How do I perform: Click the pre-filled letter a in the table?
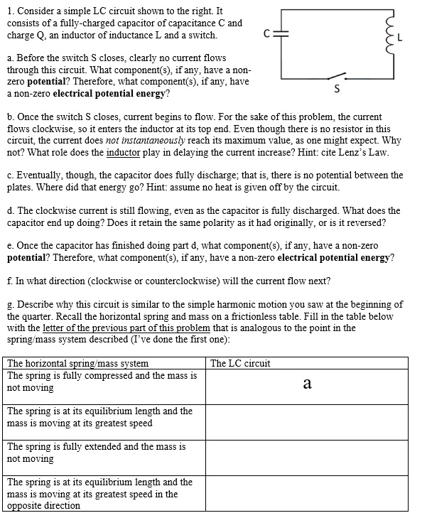point(307,384)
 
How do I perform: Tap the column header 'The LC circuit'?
point(240,364)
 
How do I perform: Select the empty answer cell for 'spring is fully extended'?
point(307,453)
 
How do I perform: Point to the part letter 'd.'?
point(11,210)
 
